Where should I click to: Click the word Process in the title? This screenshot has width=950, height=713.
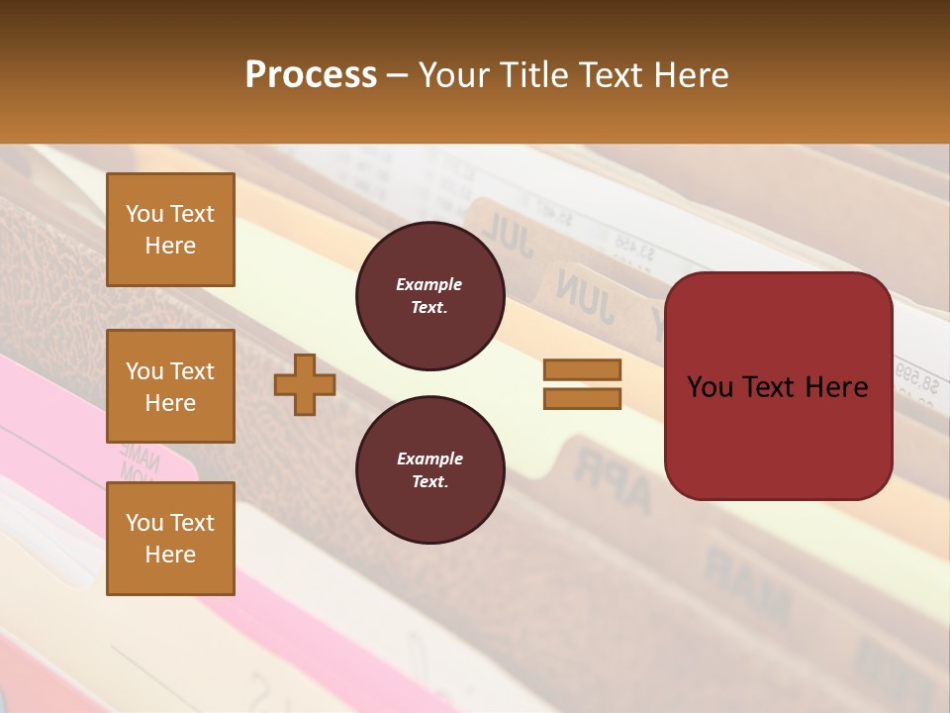tap(311, 75)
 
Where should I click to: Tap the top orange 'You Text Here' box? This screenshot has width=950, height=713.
tap(170, 230)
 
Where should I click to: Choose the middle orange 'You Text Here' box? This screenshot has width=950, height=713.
tap(170, 386)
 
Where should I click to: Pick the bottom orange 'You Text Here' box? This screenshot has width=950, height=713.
tap(170, 539)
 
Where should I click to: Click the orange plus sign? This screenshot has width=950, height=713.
tap(305, 384)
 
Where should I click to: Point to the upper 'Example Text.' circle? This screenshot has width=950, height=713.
tap(429, 296)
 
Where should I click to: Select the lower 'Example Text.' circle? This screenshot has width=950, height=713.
tap(429, 470)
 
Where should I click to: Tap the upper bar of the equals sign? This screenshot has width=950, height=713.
tap(582, 370)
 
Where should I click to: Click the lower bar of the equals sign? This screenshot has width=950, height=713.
tap(582, 398)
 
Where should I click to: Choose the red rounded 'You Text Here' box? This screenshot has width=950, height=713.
tap(778, 386)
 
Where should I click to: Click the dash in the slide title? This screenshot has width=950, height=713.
tap(397, 75)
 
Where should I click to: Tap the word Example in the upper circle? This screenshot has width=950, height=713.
tap(429, 285)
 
